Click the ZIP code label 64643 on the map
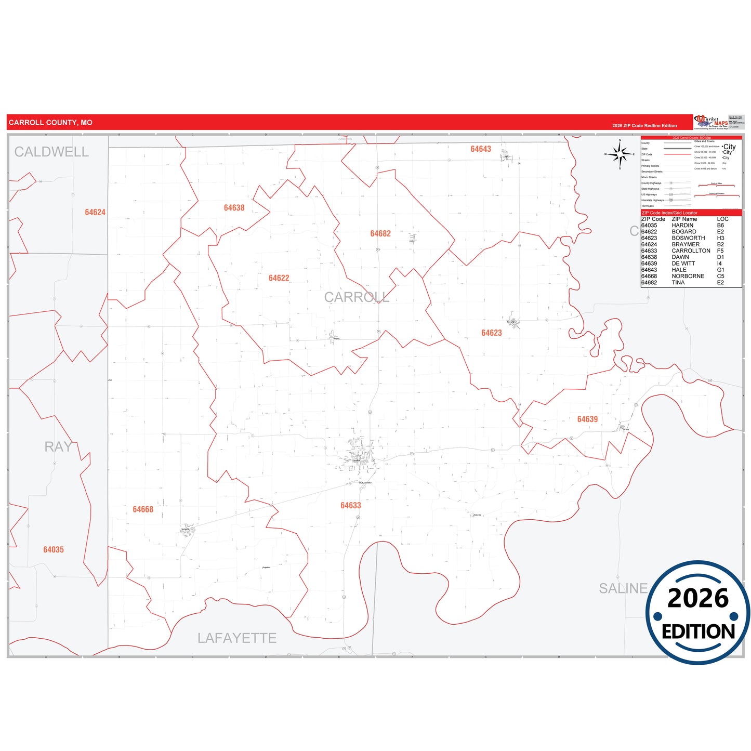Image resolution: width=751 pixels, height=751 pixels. click(x=481, y=149)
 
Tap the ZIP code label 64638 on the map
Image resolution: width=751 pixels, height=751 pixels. click(x=234, y=208)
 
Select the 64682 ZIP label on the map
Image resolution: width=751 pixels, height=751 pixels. click(x=380, y=234)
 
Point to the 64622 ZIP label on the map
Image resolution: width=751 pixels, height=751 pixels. click(x=279, y=278)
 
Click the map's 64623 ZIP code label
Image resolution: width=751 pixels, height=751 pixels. click(x=491, y=333)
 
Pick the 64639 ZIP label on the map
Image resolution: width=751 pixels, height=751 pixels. click(x=587, y=419)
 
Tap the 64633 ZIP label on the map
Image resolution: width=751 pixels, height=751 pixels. click(x=350, y=506)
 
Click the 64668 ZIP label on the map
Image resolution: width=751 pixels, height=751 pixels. click(x=143, y=509)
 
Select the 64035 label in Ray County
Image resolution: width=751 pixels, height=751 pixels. click(x=54, y=550)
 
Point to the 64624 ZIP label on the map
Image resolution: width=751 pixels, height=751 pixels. click(x=95, y=213)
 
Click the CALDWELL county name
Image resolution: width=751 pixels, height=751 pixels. click(x=51, y=152)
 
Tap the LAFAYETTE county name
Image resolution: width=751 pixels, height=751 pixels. click(x=236, y=638)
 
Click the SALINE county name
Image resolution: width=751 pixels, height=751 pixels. click(x=623, y=588)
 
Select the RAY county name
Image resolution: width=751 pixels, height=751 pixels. click(x=58, y=447)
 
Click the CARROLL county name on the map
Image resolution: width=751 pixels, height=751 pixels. click(x=357, y=297)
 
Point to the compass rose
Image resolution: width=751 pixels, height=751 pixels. click(x=620, y=154)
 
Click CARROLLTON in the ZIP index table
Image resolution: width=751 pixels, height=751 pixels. click(x=691, y=251)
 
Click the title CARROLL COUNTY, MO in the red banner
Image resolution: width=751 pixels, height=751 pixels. click(x=50, y=123)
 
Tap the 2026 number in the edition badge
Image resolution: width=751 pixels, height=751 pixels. click(x=698, y=599)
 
